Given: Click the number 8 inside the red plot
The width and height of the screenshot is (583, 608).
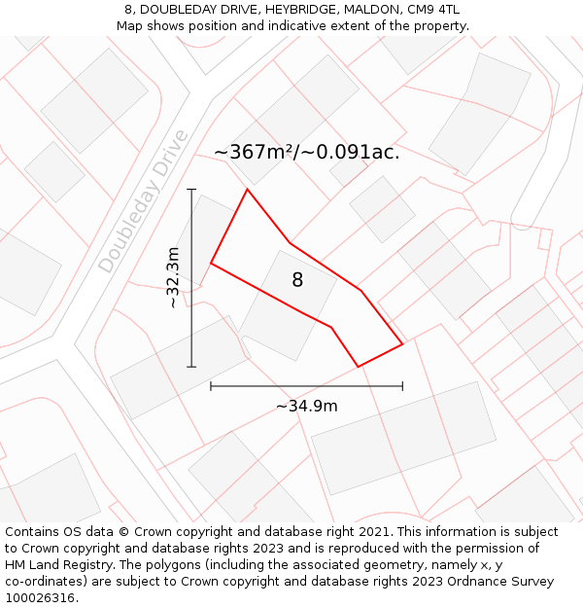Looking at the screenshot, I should (297, 280).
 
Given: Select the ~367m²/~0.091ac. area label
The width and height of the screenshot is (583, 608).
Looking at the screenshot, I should (306, 152).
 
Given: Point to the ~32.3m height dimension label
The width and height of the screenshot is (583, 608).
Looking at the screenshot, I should (173, 278).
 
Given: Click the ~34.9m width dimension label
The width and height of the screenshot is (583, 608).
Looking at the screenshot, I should (307, 406).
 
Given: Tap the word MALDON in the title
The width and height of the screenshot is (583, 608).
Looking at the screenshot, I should (369, 10).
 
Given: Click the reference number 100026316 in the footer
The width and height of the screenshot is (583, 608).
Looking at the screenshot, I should (41, 598).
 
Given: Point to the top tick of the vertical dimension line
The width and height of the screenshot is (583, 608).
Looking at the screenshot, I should (191, 190).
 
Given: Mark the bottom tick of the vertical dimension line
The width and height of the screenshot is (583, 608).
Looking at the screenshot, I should (191, 367).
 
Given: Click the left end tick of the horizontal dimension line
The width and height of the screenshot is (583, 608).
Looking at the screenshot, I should (211, 386).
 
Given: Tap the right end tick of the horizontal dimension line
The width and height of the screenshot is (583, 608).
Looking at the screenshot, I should (402, 386).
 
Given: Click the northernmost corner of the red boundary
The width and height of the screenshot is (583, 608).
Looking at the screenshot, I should (247, 190).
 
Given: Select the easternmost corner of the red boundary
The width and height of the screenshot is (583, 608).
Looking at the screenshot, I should (402, 343).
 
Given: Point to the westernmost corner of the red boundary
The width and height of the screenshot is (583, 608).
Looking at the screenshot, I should (211, 263).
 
